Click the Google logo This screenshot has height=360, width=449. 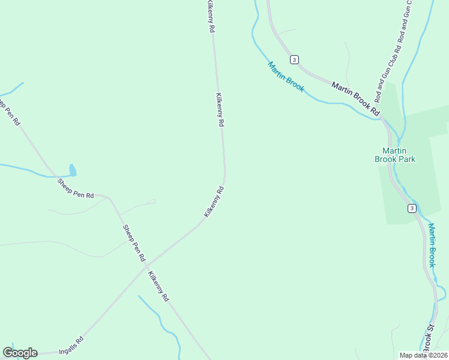20,353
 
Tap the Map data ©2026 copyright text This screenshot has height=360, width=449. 423,355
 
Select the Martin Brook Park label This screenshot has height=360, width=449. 394,155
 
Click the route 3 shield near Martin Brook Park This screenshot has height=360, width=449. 411,208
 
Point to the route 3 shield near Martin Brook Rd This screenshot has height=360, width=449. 294,59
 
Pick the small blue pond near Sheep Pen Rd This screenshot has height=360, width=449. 73,170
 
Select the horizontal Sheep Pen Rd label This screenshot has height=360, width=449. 76,187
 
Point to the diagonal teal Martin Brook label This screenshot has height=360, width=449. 286,77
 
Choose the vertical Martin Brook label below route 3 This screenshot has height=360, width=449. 432,245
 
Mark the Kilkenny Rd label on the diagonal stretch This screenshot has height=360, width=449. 214,202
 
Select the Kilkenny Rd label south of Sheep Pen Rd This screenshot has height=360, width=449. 158,286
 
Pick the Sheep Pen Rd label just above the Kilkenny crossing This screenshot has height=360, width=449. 134,242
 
